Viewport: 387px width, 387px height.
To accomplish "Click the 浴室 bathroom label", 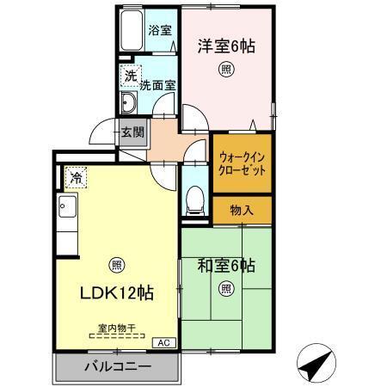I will [160, 30].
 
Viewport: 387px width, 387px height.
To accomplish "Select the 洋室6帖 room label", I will [228, 44].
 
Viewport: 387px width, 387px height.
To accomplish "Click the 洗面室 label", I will [158, 85].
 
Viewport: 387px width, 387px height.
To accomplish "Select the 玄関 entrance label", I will [132, 132].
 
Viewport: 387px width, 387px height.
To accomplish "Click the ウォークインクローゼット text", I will [242, 163].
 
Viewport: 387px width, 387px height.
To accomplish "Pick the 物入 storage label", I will [242, 210].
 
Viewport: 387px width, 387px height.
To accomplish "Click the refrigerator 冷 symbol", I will [76, 179].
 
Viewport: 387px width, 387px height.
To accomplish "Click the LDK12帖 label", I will [117, 292].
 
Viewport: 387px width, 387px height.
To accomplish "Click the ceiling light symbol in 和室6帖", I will [225, 289].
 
